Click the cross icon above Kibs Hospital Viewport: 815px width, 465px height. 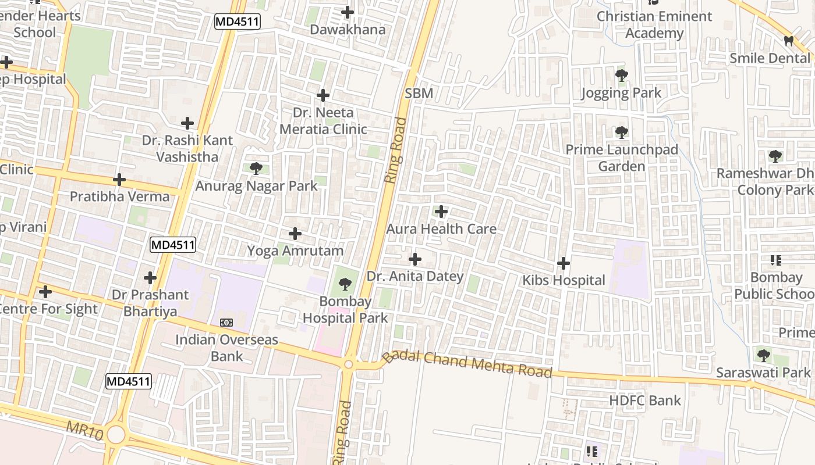(x=563, y=263)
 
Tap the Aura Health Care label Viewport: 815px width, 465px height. (x=441, y=229)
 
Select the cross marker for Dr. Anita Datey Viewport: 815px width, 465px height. (x=415, y=259)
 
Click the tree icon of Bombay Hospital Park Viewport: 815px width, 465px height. (x=345, y=284)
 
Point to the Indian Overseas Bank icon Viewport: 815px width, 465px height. (x=226, y=322)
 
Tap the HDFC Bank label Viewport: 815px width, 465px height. (x=645, y=400)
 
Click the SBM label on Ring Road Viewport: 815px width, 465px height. (x=419, y=94)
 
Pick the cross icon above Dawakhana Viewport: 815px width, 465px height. (x=348, y=12)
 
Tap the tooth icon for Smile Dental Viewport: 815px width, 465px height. (x=789, y=41)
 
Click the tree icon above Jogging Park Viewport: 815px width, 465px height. (x=621, y=75)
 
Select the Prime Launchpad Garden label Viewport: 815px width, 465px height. (x=622, y=158)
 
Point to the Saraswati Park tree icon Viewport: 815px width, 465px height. (x=763, y=355)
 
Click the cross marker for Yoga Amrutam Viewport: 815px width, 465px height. (x=295, y=234)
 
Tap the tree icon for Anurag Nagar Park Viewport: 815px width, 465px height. (x=256, y=169)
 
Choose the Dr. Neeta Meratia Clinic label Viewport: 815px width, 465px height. (x=323, y=121)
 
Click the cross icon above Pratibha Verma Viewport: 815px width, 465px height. (x=119, y=180)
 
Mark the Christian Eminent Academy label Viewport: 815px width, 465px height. (x=654, y=25)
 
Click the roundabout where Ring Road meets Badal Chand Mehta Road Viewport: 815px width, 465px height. (x=348, y=364)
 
